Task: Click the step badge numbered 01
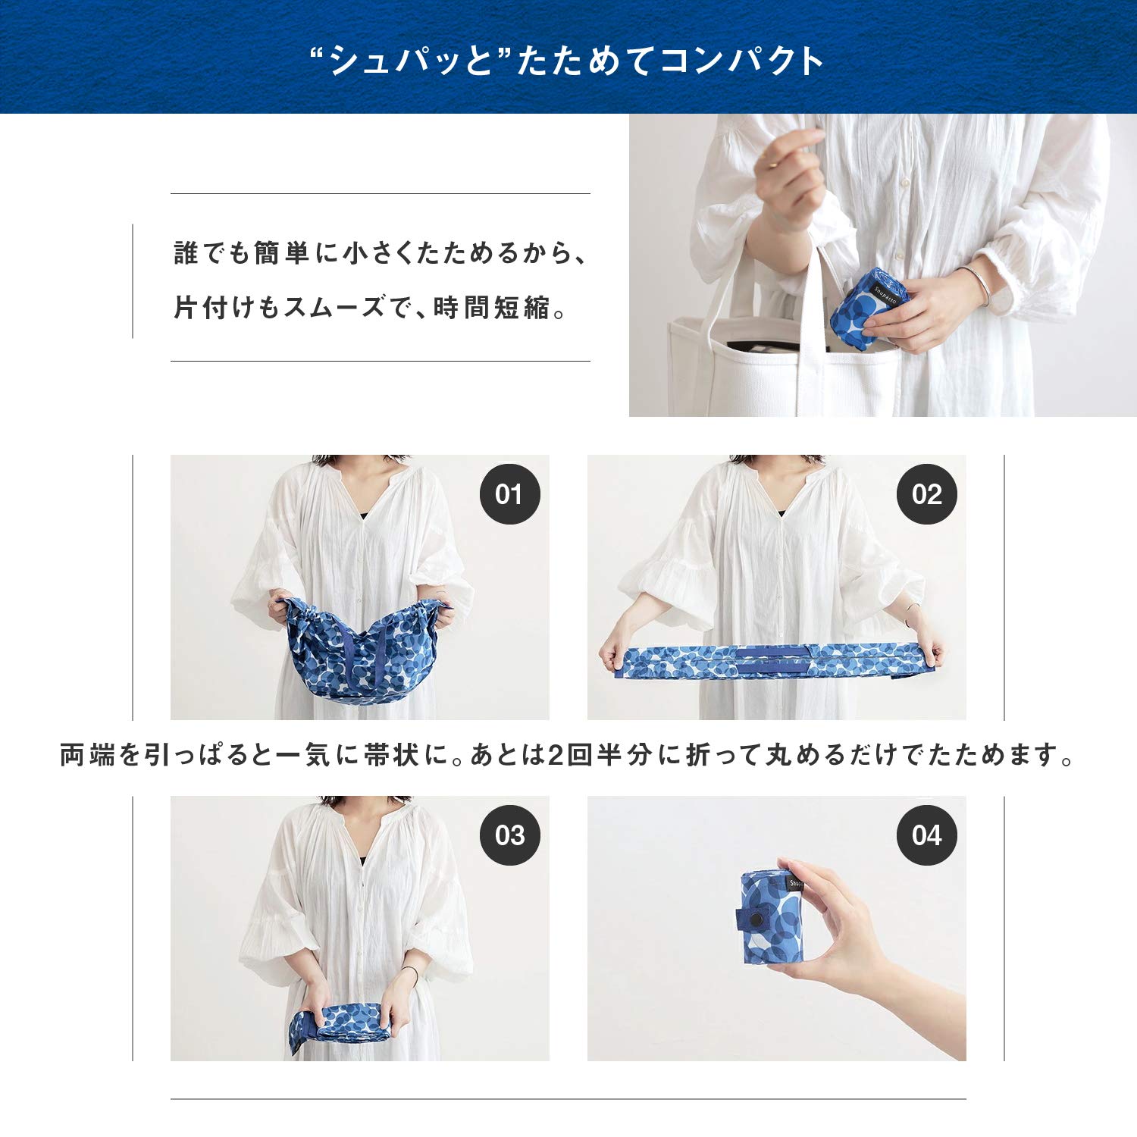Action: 509,494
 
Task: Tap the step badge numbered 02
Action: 926,494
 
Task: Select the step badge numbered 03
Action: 509,835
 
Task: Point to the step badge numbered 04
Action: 926,835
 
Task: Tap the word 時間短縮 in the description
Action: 491,308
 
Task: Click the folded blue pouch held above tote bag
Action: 866,302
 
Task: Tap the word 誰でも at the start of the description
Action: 211,253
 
